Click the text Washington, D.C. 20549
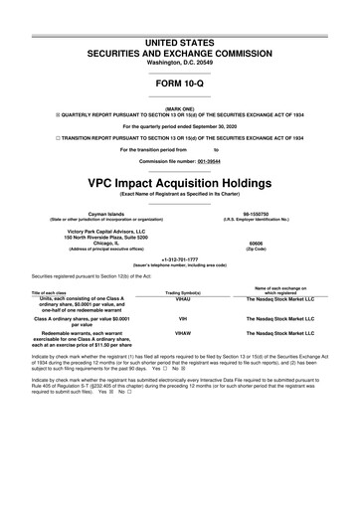point(179,34)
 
